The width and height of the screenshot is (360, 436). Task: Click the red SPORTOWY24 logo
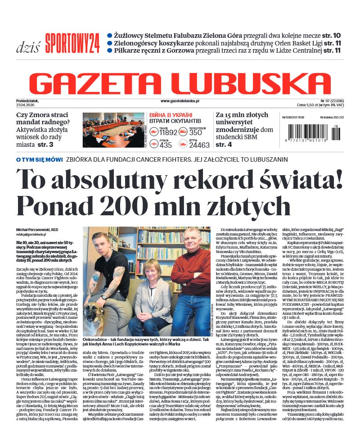[72, 44]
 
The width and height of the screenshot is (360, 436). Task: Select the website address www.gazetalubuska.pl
[180, 102]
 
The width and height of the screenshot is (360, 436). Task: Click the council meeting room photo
[113, 130]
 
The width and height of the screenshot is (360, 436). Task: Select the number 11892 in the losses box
[168, 133]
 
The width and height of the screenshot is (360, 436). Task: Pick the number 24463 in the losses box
[199, 145]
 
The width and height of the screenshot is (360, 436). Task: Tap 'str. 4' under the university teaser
[224, 145]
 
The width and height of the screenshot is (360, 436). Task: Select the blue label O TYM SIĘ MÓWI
[40, 159]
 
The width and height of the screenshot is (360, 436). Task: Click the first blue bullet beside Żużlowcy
[109, 35]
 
